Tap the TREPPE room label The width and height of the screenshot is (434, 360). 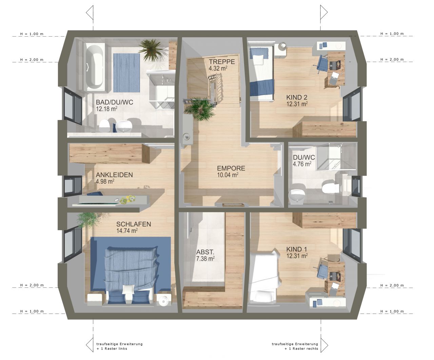pos(222,62)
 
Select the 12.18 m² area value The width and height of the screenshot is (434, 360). pos(106,109)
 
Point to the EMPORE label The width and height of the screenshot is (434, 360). pos(231,168)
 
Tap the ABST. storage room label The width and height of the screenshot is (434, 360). pos(205,252)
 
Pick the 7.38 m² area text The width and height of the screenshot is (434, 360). pos(205,259)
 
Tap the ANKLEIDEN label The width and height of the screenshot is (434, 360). pos(114,175)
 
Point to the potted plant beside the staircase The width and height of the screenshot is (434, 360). pos(199,109)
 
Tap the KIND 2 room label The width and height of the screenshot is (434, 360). pos(297,97)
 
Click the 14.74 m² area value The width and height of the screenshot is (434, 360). pos(127,231)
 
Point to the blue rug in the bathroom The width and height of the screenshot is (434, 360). pos(126,73)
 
